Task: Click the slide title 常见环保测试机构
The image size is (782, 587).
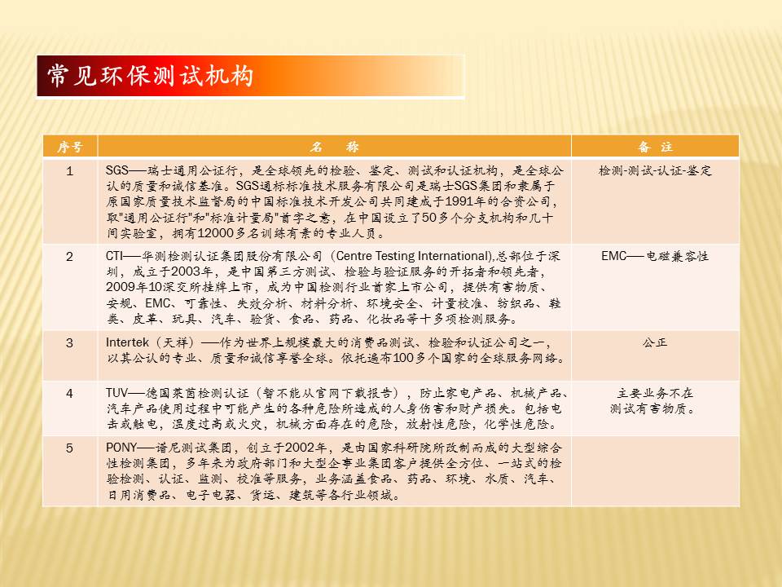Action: pyautogui.click(x=150, y=76)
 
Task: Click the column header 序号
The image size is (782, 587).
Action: pyautogui.click(x=70, y=147)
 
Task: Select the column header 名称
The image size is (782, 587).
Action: pyautogui.click(x=334, y=147)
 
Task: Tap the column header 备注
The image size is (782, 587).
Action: pyautogui.click(x=655, y=147)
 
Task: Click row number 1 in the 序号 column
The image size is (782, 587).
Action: pyautogui.click(x=70, y=171)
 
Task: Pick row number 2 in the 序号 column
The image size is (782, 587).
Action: pyautogui.click(x=70, y=257)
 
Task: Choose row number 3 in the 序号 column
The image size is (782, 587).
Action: pyautogui.click(x=70, y=343)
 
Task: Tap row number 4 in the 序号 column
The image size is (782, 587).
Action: pyautogui.click(x=70, y=393)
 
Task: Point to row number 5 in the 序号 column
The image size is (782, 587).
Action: pyautogui.click(x=70, y=448)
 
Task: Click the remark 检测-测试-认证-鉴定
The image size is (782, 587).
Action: pyautogui.click(x=655, y=170)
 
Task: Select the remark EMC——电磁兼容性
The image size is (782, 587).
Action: pyautogui.click(x=655, y=256)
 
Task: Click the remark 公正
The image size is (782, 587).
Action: pyautogui.click(x=655, y=342)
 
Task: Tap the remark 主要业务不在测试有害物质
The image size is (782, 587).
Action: pyautogui.click(x=655, y=401)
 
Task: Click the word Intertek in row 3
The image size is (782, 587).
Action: pyautogui.click(x=127, y=342)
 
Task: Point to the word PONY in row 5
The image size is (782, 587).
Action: pyautogui.click(x=121, y=448)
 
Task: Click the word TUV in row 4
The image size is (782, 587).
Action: pyautogui.click(x=116, y=393)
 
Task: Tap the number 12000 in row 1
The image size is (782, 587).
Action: pyautogui.click(x=215, y=233)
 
